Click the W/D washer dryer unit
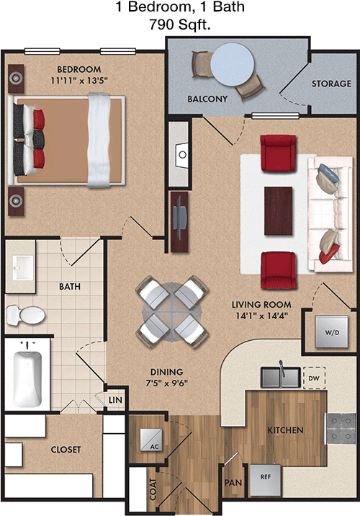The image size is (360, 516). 331,332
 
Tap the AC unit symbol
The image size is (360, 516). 151,440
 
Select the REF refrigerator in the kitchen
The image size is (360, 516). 266,480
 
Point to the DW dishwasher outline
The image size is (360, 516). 315,378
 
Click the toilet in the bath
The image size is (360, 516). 25,315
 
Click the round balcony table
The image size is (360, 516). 233,65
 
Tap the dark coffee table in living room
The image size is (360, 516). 278,211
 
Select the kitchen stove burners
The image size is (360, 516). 341,429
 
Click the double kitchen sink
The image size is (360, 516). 280,377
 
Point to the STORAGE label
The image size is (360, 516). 331,84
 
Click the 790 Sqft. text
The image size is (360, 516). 180,25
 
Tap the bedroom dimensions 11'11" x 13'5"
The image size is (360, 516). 79,80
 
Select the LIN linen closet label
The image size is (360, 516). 115,400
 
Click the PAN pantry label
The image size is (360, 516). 233,482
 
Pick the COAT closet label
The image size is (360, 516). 153,489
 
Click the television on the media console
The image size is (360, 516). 180,219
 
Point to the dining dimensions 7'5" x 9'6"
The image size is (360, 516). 167,383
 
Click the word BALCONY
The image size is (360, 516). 207,99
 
